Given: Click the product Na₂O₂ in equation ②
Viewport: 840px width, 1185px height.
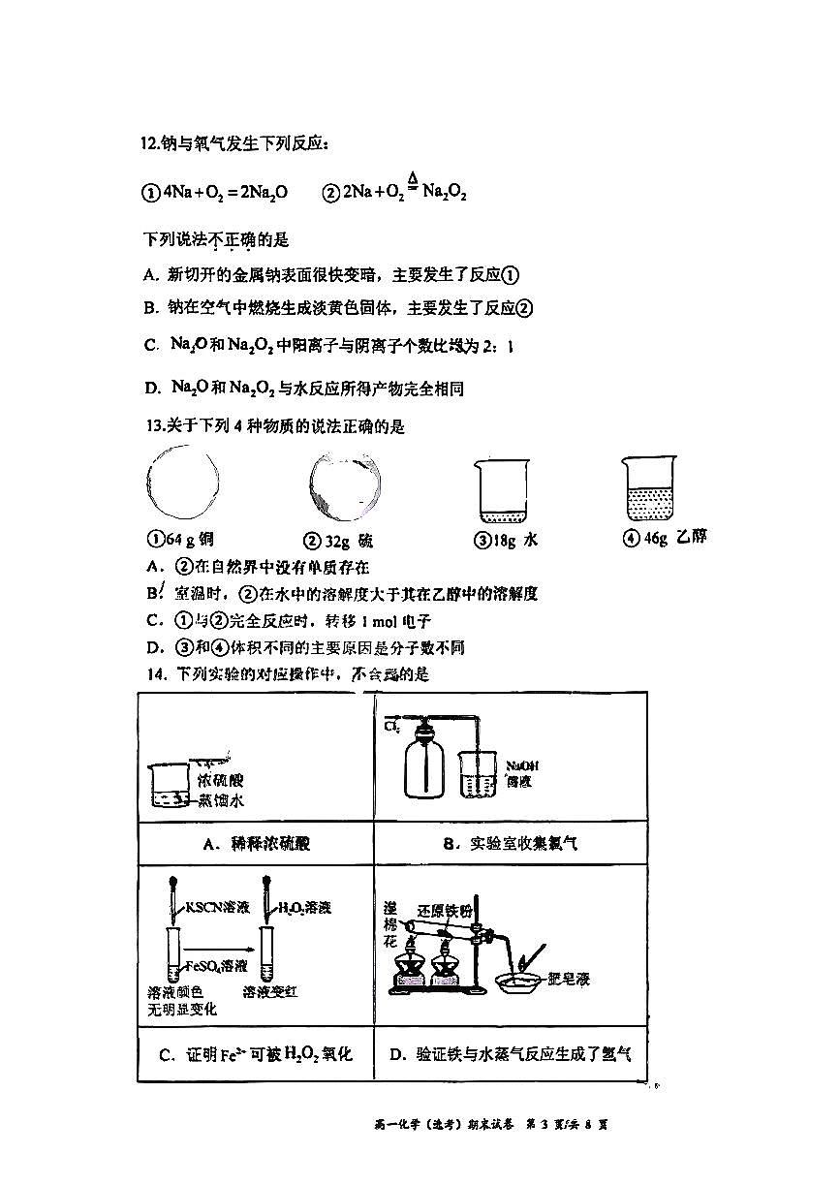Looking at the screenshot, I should click(x=446, y=193).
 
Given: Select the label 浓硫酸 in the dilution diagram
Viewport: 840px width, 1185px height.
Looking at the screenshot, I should click(x=222, y=780).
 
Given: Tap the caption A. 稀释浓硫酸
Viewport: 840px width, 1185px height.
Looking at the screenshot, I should click(x=255, y=844).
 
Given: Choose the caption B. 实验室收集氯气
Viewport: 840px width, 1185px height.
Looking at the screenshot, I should click(x=511, y=844).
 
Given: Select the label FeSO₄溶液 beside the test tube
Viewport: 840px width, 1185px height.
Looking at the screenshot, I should click(x=215, y=966).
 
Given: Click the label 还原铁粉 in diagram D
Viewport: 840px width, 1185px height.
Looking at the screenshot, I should click(x=445, y=911).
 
